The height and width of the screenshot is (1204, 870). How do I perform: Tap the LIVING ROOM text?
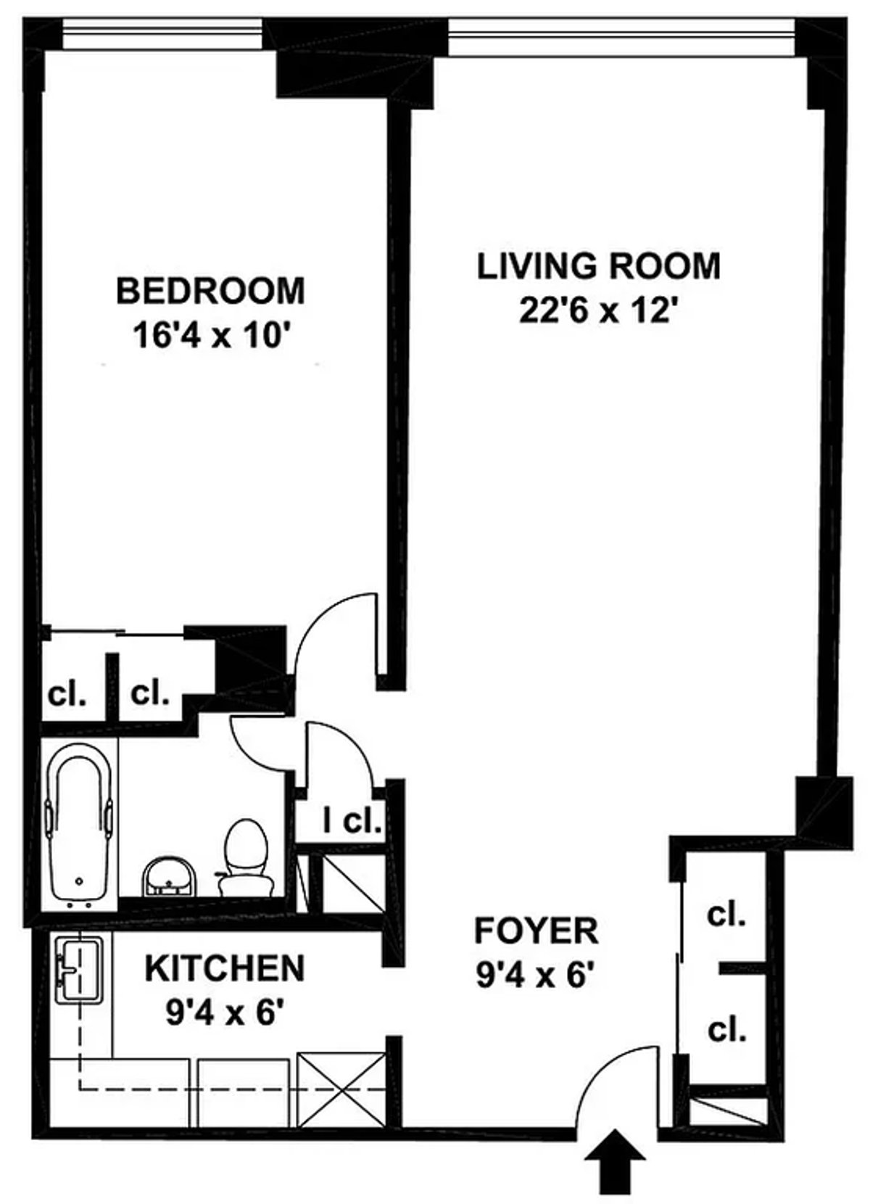click(x=598, y=266)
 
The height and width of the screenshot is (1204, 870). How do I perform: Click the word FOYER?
click(x=536, y=931)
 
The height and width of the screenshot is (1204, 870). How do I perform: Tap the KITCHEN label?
click(x=225, y=968)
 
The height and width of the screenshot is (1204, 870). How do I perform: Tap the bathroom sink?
click(x=168, y=875)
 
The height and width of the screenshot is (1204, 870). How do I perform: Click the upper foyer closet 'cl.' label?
click(x=726, y=916)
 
